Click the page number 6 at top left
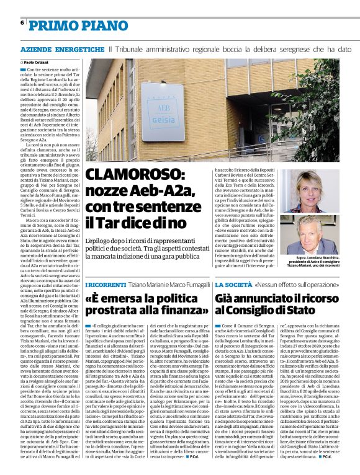click(22, 22)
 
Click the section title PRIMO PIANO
click(69, 25)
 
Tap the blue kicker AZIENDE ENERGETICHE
click(62, 49)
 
